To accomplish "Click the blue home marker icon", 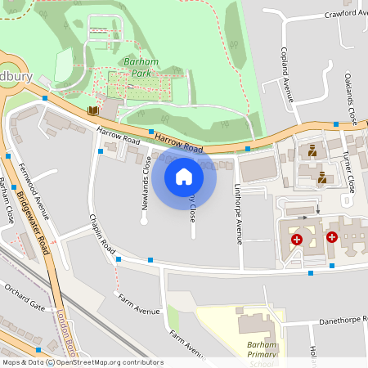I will click(x=184, y=176).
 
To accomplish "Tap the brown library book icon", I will click(x=93, y=110).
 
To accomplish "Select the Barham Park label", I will click(x=134, y=67).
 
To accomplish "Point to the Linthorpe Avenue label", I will click(x=238, y=214).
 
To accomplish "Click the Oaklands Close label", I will click(x=350, y=97).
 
